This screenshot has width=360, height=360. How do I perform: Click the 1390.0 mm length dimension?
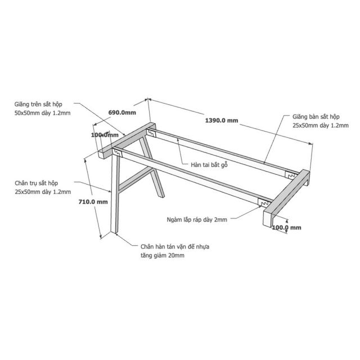(221, 120)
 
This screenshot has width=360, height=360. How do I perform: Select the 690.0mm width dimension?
(122, 112)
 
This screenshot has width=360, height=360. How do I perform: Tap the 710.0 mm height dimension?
(93, 202)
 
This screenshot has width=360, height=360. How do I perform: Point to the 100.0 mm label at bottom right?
(286, 227)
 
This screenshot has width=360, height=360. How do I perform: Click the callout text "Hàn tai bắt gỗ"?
(209, 165)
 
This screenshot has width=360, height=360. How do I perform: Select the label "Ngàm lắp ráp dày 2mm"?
(197, 220)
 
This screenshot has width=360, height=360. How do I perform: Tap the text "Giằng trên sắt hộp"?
(38, 104)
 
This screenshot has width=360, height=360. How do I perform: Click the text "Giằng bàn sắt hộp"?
(316, 116)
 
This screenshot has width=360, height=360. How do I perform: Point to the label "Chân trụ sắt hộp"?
(37, 183)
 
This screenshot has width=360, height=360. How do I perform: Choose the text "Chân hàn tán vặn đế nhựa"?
(175, 246)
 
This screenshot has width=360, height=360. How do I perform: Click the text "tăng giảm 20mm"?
(163, 255)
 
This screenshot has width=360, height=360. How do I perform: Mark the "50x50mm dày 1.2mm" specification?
(43, 113)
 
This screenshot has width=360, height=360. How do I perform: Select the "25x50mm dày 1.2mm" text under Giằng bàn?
(321, 125)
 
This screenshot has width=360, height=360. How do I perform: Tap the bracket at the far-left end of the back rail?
(151, 133)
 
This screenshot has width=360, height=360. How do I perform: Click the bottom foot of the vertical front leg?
(114, 232)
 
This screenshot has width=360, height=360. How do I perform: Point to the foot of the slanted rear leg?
(161, 196)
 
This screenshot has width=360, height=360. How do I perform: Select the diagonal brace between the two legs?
(136, 179)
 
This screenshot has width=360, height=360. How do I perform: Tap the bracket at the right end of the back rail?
(290, 175)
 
